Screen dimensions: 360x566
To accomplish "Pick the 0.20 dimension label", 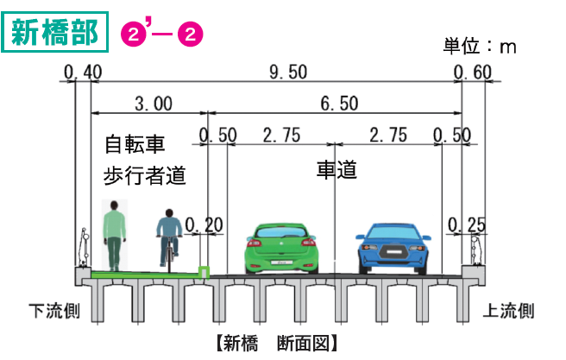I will (x=204, y=225).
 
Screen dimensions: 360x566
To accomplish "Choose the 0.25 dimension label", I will (x=467, y=225).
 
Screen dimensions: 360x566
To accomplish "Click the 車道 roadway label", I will (x=336, y=170).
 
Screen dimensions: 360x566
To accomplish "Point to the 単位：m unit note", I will (x=479, y=46).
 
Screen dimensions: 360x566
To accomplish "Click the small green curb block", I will (x=204, y=272).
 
